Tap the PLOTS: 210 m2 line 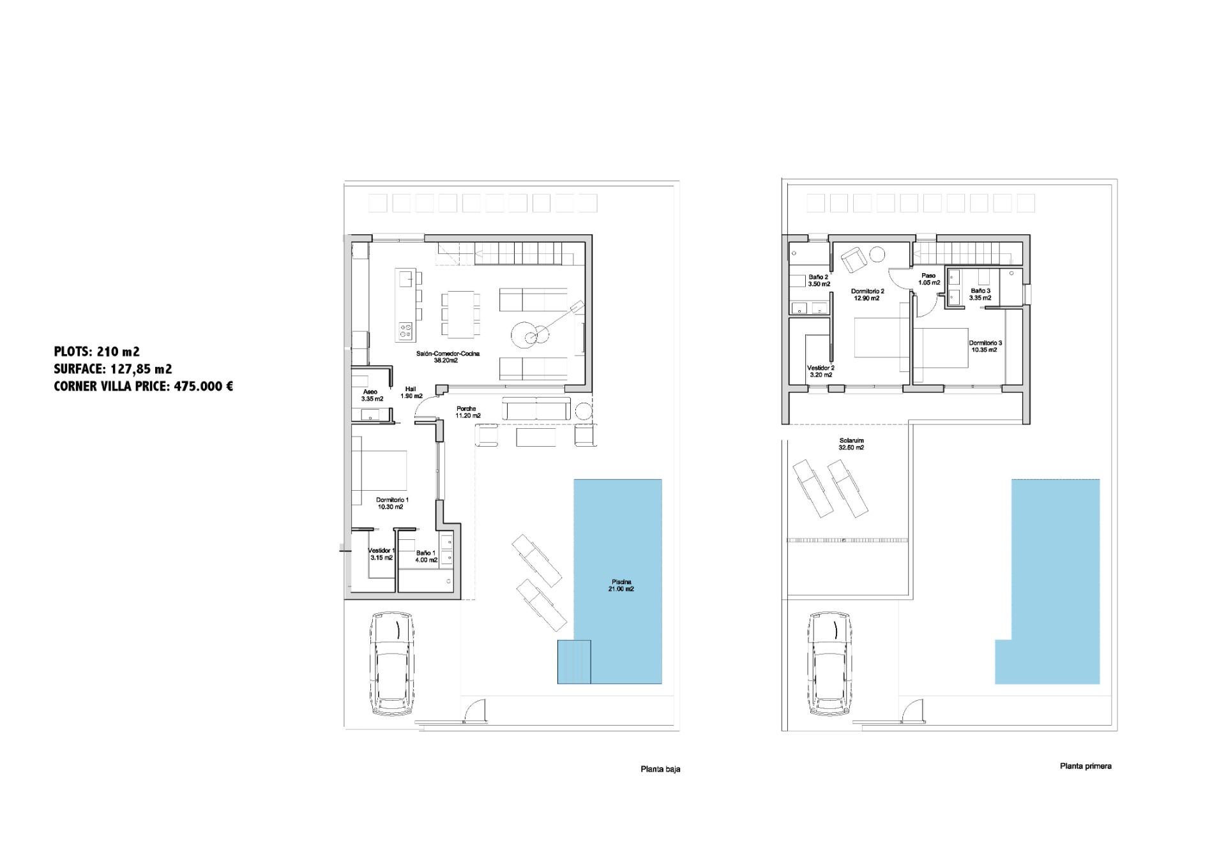(x=96, y=351)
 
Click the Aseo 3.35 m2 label (x=372, y=395)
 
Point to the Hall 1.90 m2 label (x=410, y=392)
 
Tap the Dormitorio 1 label (x=391, y=503)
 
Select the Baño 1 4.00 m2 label (x=426, y=556)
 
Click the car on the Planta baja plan (x=392, y=664)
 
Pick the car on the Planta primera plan (x=831, y=664)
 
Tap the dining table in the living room (x=462, y=315)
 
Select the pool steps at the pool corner (x=574, y=662)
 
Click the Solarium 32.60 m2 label (x=851, y=444)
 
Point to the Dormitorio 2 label (x=867, y=294)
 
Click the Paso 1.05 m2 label (x=928, y=279)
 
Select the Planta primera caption (x=1085, y=766)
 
